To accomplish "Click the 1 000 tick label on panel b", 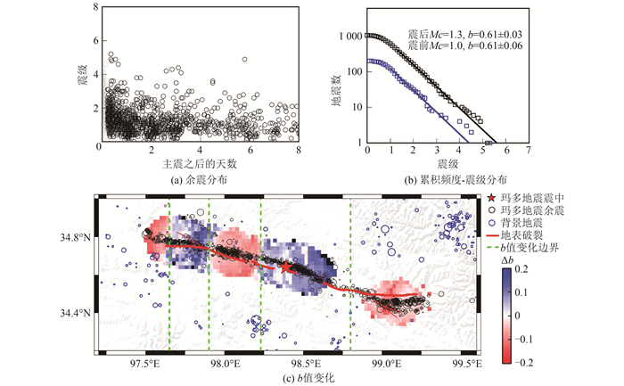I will pos(349,36).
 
